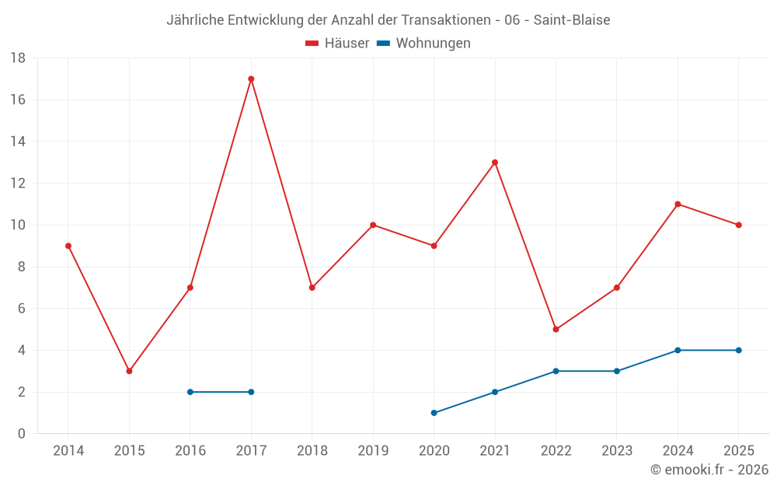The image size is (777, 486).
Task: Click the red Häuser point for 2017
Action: point(251,79)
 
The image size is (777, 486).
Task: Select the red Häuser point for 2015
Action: point(129,371)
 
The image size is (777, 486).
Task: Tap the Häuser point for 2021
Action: point(495,163)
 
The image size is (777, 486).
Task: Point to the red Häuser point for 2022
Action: point(556,329)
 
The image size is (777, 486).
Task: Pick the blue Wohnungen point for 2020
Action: point(434,413)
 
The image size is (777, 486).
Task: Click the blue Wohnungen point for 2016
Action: point(190,392)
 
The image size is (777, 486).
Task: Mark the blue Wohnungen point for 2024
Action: point(678,350)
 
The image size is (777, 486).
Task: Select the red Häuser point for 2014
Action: point(68,246)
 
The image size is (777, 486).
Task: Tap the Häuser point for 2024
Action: point(678,205)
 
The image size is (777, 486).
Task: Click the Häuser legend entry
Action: point(337,43)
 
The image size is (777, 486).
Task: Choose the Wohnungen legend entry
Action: point(423,43)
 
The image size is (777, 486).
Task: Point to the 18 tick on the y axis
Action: point(18,58)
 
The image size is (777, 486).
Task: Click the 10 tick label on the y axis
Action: point(18,226)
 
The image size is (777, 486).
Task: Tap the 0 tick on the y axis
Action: point(21,434)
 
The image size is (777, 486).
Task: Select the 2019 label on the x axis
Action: point(373,450)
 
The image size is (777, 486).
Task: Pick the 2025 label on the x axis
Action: point(739,450)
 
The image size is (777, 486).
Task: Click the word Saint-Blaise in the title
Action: point(572,20)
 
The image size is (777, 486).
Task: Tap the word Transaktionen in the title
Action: point(444,20)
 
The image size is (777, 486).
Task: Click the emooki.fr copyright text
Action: point(709,469)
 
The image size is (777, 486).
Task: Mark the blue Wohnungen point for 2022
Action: point(556,371)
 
